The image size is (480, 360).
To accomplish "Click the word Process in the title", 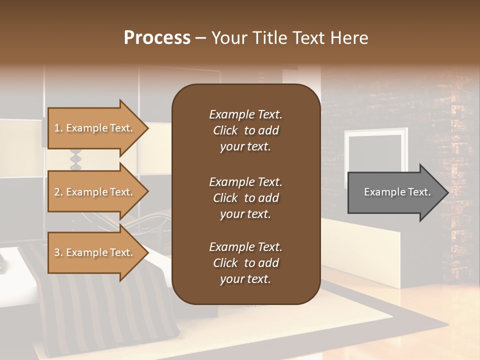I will coord(157,38).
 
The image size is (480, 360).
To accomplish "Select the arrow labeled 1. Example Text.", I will coord(95,128).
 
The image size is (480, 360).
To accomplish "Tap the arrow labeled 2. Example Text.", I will coord(95,192).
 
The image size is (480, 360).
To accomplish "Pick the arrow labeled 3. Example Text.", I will coord(95,252).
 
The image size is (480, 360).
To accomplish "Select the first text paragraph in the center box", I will coord(245,130).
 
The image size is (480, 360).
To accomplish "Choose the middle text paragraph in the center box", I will coord(245,198).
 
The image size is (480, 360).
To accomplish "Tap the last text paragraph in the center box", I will coord(245,263).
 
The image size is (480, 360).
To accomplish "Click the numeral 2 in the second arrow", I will coord(56,192).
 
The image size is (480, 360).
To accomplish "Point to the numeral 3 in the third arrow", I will coord(56,252).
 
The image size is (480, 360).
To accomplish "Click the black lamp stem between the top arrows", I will coord(75,159).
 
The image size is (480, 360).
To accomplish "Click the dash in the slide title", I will coord(201,38).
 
